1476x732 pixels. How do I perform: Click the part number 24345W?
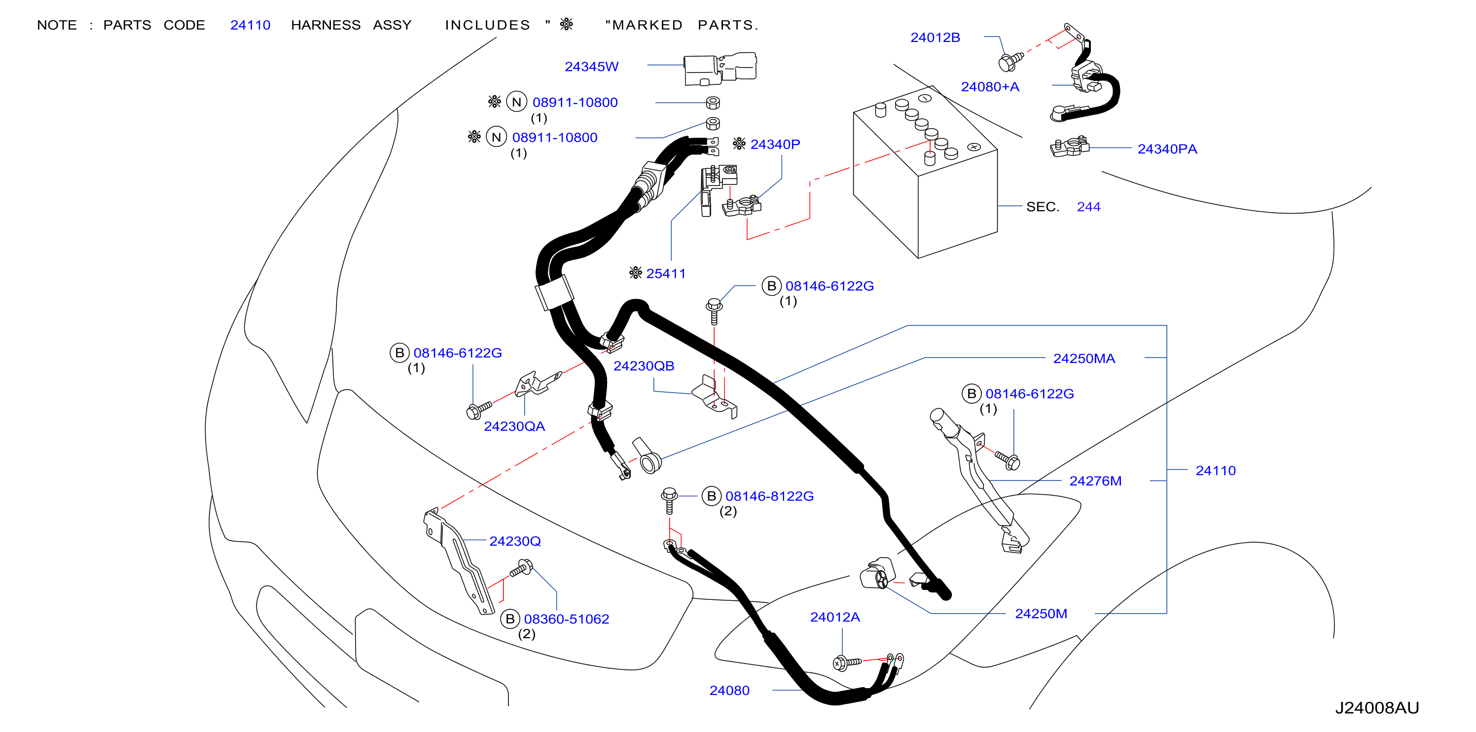coord(591,67)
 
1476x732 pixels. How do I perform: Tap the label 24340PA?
coord(1167,149)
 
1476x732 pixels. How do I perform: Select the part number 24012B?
coord(935,38)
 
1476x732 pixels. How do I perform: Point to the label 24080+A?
coord(990,87)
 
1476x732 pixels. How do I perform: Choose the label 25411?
coord(665,274)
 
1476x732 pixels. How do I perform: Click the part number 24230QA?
coord(514,427)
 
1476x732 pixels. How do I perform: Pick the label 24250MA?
coord(1083,359)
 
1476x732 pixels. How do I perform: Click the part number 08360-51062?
coord(566,620)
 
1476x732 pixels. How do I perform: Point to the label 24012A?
coord(834,618)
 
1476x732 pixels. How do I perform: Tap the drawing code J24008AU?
coord(1376,708)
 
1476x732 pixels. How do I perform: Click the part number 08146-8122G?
coord(769,496)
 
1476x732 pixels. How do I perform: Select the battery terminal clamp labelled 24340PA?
coord(1069,146)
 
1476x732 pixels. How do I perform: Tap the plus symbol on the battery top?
coord(973,146)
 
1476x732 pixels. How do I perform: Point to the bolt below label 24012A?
coord(846,662)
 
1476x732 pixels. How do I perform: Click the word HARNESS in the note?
coord(325,25)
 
